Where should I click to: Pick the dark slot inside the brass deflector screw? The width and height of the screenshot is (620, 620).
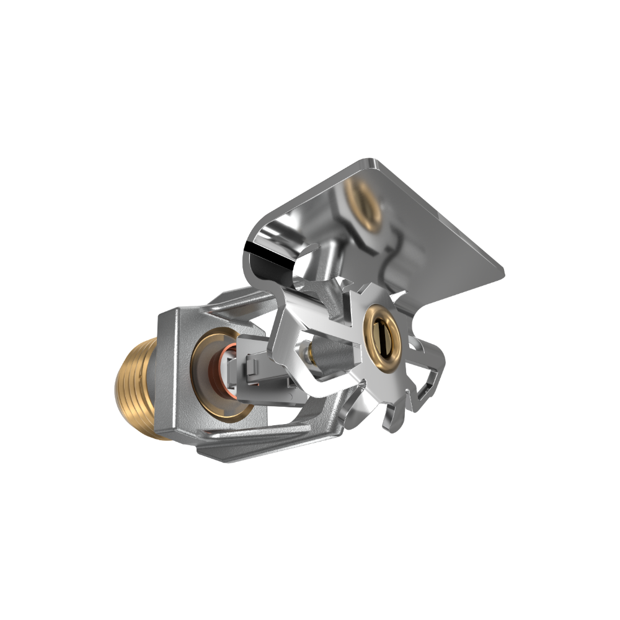384,338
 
